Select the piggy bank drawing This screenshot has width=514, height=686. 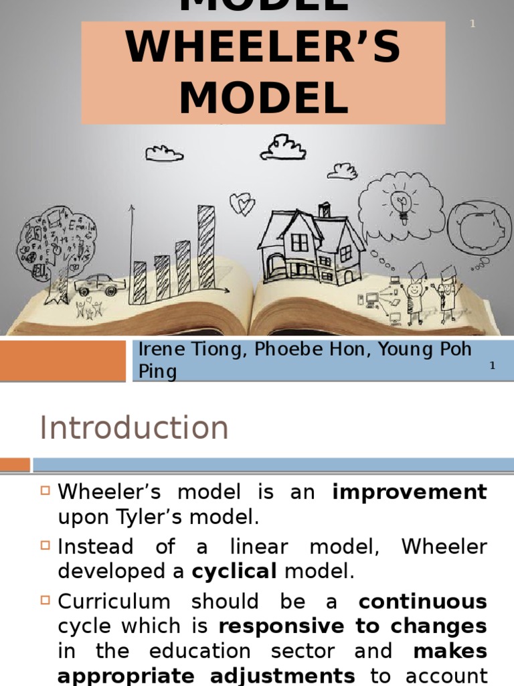pyautogui.click(x=480, y=228)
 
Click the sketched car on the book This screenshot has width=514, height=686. pyautogui.click(x=100, y=284)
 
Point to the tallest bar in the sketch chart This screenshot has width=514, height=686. pyautogui.click(x=206, y=247)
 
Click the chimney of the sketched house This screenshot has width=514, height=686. pyautogui.click(x=325, y=210)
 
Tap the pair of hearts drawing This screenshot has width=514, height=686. pyautogui.click(x=242, y=204)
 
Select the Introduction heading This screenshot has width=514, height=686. pyautogui.click(x=134, y=427)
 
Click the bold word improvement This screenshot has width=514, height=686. pyautogui.click(x=410, y=492)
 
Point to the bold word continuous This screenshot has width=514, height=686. pyautogui.click(x=422, y=602)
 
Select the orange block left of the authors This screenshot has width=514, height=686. pyautogui.click(x=63, y=360)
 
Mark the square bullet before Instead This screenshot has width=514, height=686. pyautogui.click(x=46, y=546)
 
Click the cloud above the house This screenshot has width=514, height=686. pyautogui.click(x=283, y=148)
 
